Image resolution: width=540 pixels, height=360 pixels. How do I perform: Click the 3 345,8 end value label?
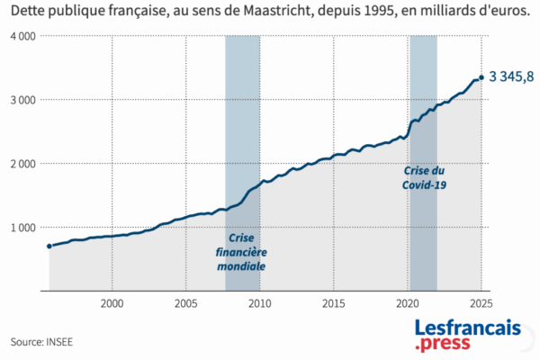pos(511,77)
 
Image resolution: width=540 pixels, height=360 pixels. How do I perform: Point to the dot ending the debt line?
pos(481,77)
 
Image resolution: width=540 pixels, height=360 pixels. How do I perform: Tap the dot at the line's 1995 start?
pos(49,246)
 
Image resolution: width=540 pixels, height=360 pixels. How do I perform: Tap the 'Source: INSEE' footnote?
pos(42,342)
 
